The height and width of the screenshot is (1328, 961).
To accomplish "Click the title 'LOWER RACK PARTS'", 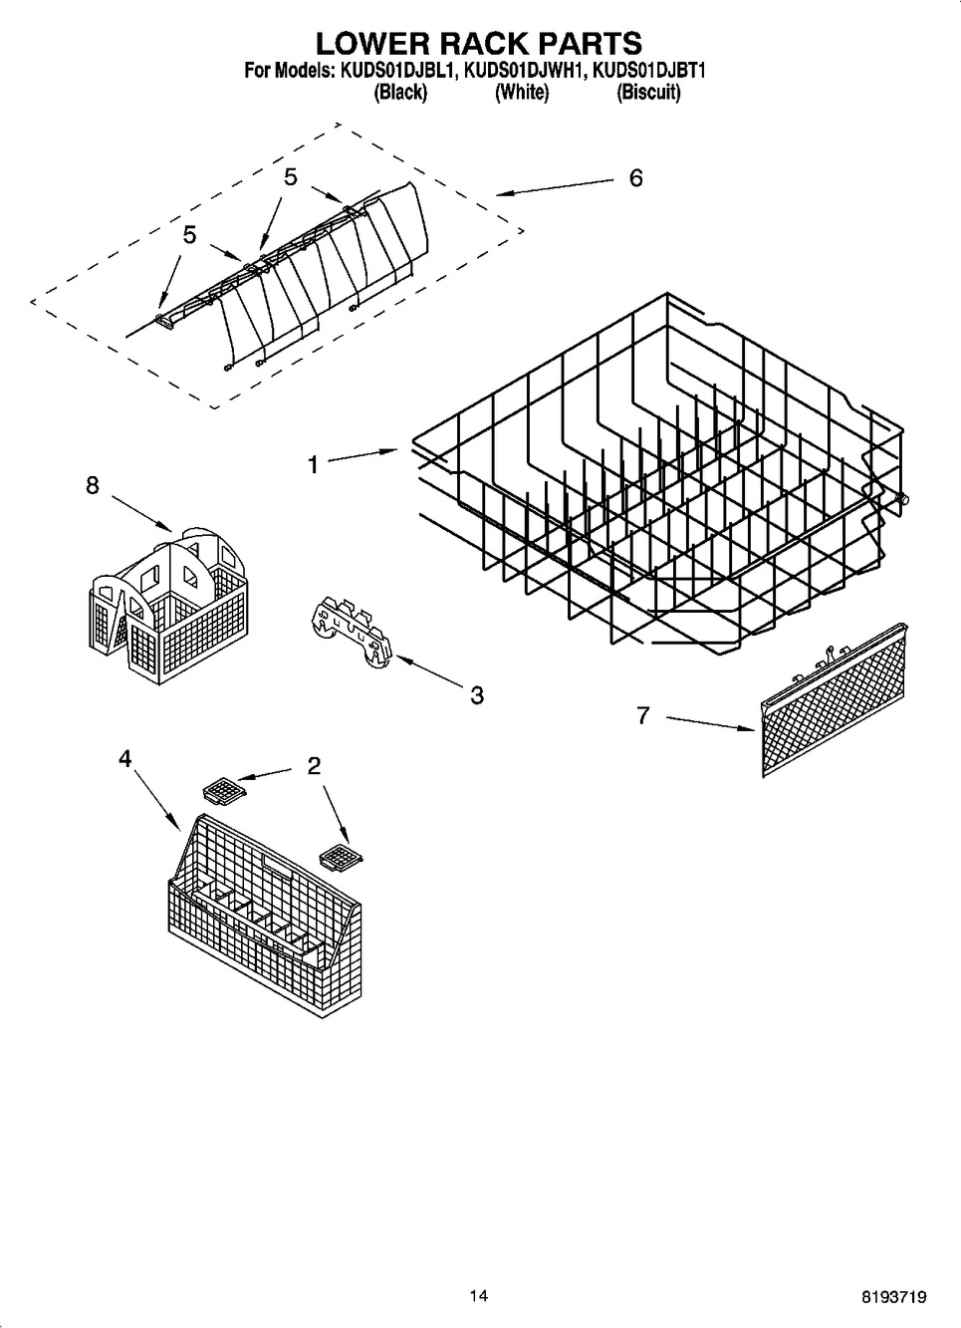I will click(479, 43).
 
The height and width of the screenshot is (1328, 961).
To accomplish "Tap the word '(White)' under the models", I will click(521, 93).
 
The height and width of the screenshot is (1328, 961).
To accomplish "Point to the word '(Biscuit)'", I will click(648, 93).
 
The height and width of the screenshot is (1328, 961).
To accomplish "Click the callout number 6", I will click(635, 178).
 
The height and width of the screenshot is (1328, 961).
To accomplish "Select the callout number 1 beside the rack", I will click(314, 464).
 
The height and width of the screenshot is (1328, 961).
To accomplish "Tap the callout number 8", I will click(92, 485).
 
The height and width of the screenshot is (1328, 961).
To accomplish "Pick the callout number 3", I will click(477, 695).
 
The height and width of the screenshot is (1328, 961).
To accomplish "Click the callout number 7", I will click(643, 714).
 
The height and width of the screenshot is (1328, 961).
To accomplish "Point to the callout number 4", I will click(124, 759).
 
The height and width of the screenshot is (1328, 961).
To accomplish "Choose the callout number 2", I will click(314, 766).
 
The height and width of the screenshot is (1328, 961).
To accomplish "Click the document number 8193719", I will click(893, 1297).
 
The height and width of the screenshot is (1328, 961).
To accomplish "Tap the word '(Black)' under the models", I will click(400, 93).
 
